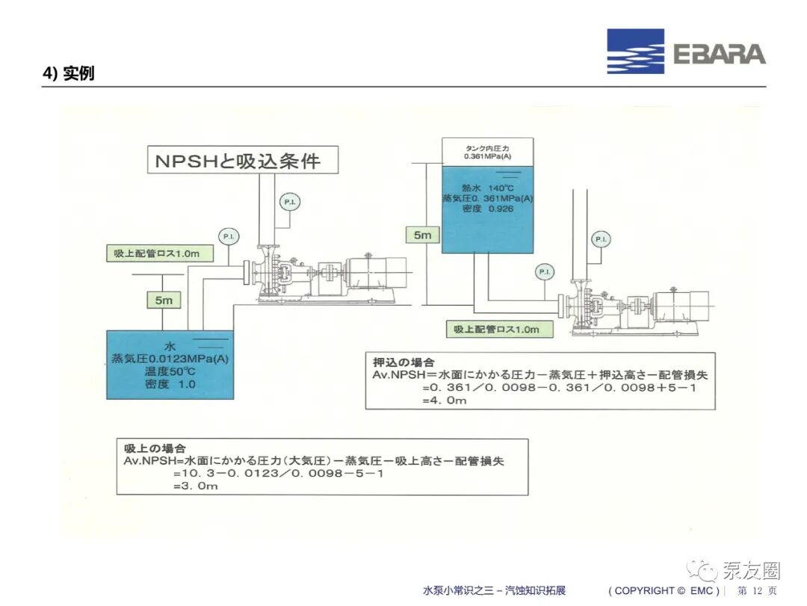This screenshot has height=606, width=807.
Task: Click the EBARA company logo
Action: [x=686, y=52]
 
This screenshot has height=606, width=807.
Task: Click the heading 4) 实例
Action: [x=69, y=73]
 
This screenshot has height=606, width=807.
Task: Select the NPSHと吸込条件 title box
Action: [x=243, y=160]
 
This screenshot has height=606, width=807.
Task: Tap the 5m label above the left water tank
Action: [x=164, y=300]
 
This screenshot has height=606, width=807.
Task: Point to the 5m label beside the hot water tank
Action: [x=422, y=235]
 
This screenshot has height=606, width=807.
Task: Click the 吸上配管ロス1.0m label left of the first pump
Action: [x=160, y=253]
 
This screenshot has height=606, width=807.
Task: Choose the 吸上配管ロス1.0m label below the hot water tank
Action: [x=500, y=329]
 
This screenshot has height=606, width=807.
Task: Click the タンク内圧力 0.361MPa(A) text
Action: [x=487, y=152]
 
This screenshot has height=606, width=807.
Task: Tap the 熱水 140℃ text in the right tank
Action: [x=487, y=188]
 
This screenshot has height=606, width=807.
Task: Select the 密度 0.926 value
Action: [x=487, y=208]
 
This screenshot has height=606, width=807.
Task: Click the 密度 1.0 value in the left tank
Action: [x=170, y=384]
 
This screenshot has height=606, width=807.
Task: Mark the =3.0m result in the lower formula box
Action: [x=196, y=486]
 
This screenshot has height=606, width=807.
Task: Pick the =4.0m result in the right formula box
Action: [x=444, y=400]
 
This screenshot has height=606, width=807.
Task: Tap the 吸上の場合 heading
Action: [x=155, y=448]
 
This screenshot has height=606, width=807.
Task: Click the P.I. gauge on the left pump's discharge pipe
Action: [x=290, y=202]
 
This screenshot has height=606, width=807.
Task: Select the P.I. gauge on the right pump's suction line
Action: [x=545, y=271]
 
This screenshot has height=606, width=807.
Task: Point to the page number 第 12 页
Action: [x=757, y=590]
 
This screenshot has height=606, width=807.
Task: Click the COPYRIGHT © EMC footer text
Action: [x=664, y=590]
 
